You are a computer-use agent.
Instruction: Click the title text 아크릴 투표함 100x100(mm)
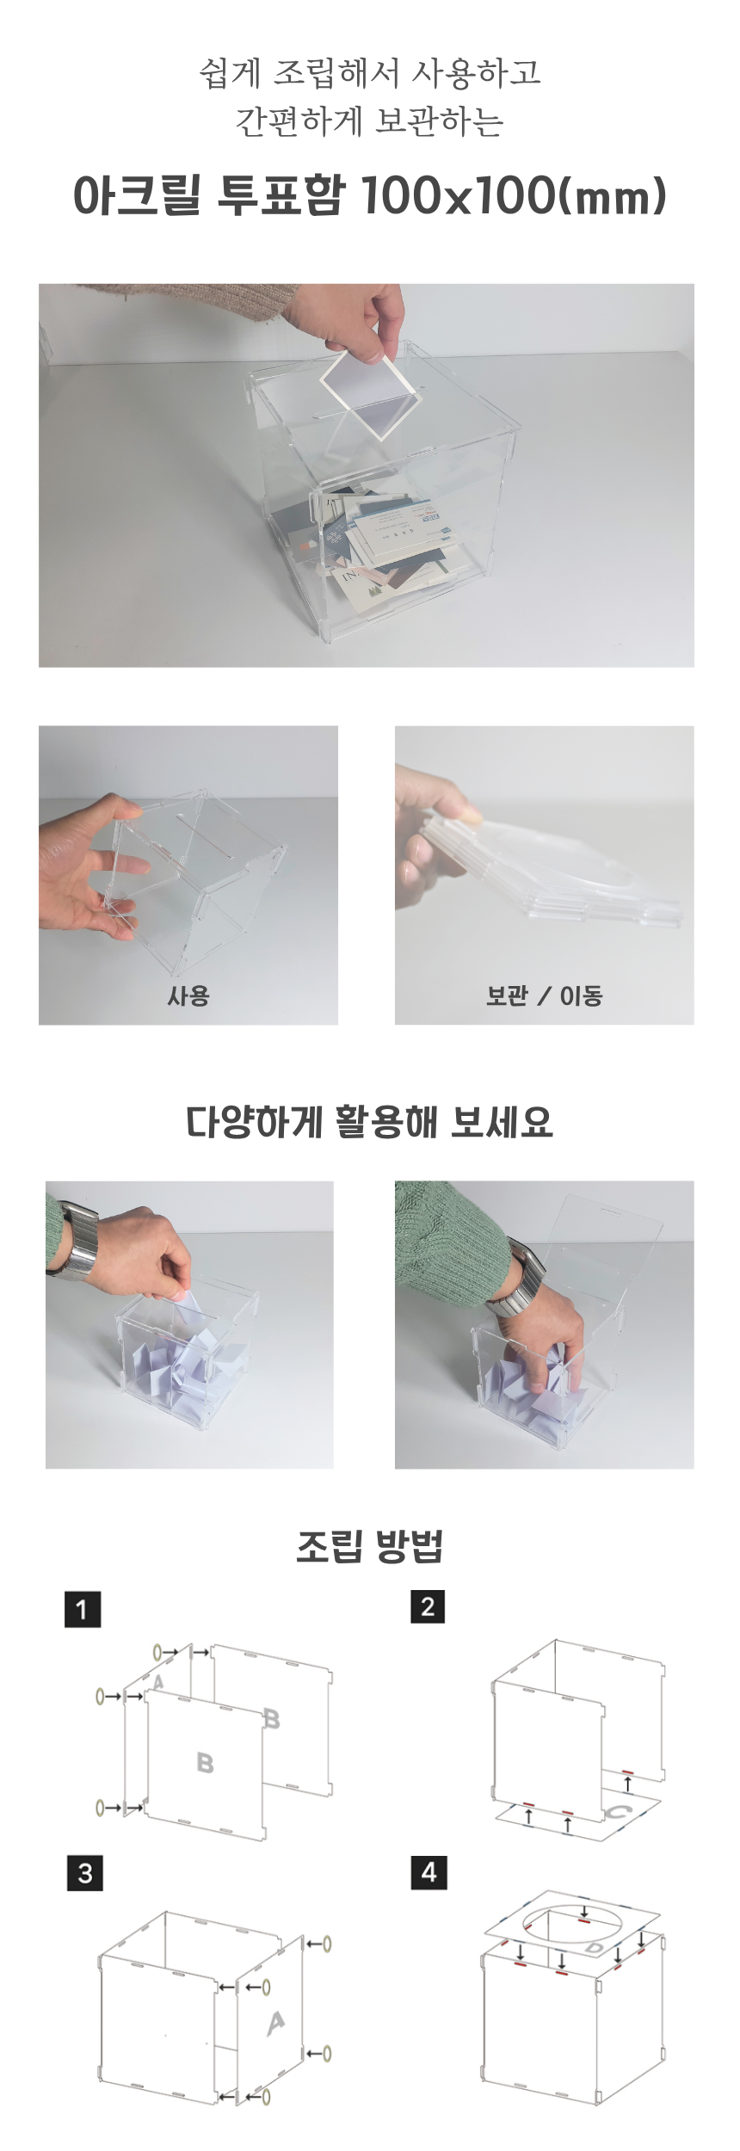[370, 195]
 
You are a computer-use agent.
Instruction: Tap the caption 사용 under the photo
[188, 995]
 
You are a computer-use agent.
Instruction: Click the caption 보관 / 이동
[544, 995]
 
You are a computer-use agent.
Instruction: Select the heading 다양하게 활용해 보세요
[369, 1121]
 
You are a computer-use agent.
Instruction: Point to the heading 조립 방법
[369, 1546]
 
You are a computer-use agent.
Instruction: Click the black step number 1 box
[83, 1608]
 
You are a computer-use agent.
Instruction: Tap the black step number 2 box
[428, 1606]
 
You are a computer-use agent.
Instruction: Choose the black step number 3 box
[85, 1873]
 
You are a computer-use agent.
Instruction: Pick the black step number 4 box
[429, 1871]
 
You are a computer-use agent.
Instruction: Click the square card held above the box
[373, 391]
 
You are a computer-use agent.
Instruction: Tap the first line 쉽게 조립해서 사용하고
[370, 72]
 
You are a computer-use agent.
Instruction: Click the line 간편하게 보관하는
[370, 121]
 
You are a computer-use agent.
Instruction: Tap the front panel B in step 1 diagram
[205, 1764]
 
